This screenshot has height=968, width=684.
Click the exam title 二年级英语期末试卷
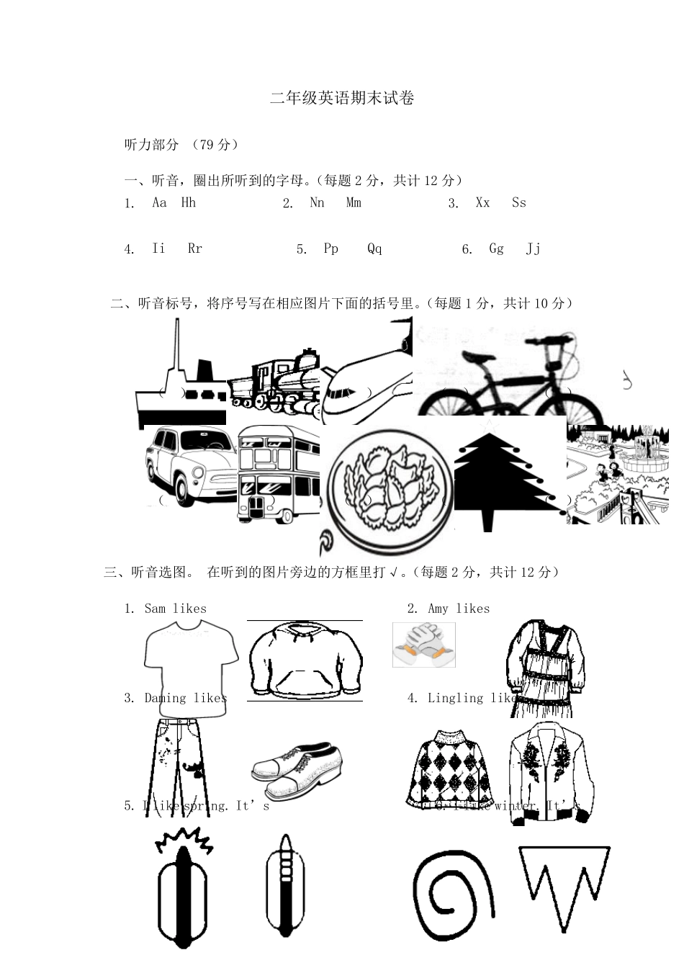pos(342,99)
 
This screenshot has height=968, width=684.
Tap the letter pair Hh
pos(188,202)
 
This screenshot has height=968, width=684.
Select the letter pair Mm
pos(354,202)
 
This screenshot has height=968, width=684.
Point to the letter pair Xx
pos(482,202)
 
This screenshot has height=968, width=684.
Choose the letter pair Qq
pos(374,248)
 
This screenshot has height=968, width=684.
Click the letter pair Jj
pos(533,248)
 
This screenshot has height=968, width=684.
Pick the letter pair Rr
pos(194,248)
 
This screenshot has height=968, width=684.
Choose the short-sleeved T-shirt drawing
pos(191,663)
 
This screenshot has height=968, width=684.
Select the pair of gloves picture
pos(424,645)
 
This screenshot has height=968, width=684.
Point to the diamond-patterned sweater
pos(451,768)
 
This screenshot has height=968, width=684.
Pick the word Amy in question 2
pos(438,609)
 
